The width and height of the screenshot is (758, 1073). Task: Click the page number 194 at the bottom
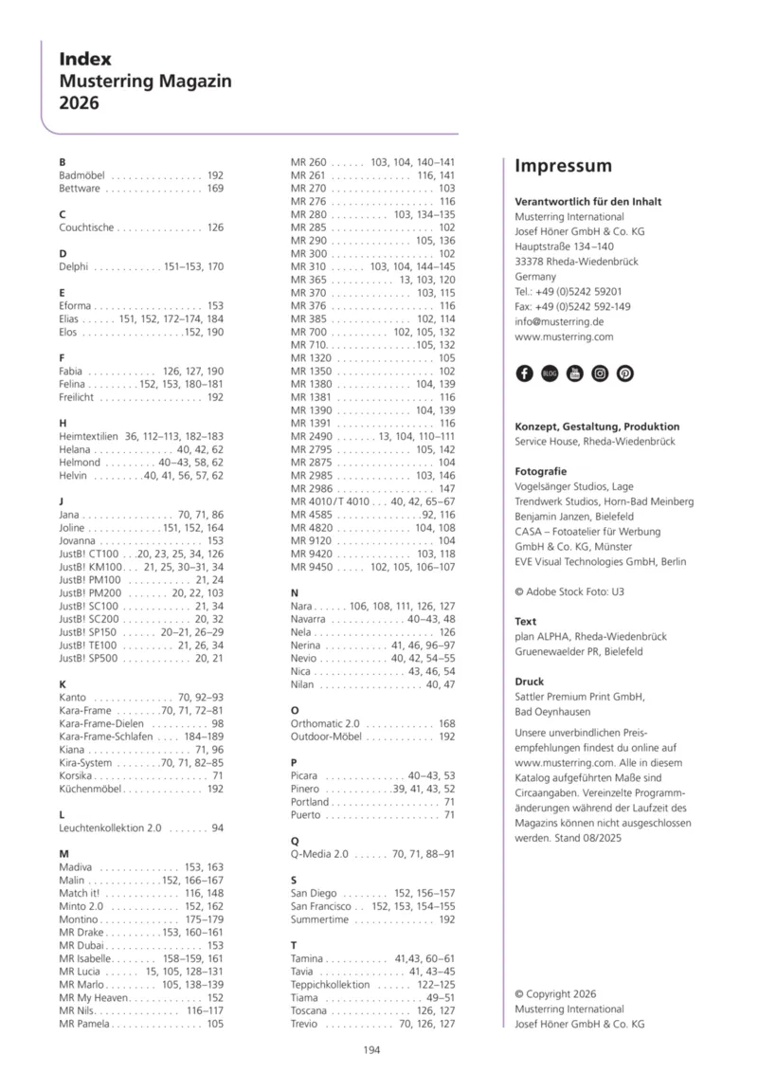coord(373,1048)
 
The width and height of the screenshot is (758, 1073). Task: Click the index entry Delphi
coord(74,267)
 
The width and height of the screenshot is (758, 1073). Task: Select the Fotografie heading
coord(541,470)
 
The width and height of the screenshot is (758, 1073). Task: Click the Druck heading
coord(529,682)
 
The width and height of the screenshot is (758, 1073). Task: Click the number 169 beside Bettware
coord(215,189)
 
